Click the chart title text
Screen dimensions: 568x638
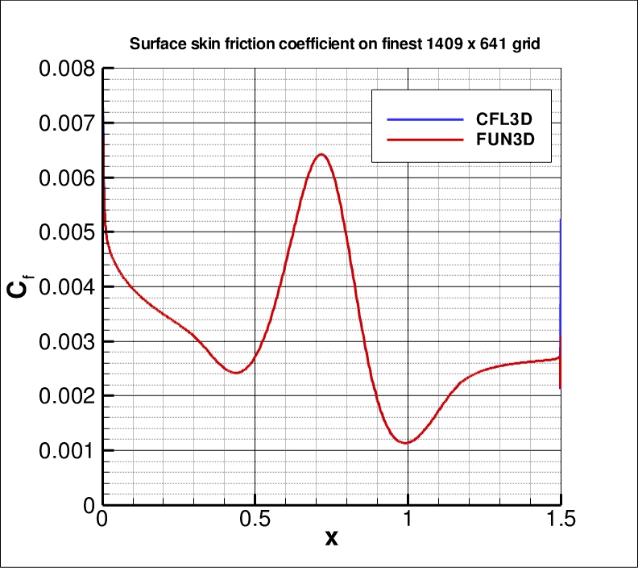point(334,44)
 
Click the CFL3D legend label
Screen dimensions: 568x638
point(505,119)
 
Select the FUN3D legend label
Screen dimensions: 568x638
point(505,140)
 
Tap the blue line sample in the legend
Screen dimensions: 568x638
point(425,119)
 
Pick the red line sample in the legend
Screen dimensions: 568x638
point(425,140)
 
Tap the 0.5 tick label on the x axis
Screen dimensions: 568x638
point(255,519)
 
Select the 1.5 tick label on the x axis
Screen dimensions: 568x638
point(560,519)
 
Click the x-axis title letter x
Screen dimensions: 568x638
point(331,538)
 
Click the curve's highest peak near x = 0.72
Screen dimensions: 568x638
point(321,154)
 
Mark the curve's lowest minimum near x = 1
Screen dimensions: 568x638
point(407,443)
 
